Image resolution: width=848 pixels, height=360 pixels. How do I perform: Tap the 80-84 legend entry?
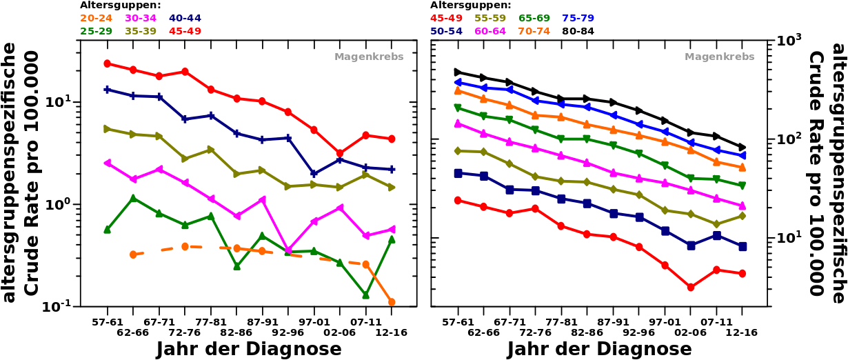coord(578,31)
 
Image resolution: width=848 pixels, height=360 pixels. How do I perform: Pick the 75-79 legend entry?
coord(578,18)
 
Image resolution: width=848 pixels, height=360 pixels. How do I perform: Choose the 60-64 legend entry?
coord(490,31)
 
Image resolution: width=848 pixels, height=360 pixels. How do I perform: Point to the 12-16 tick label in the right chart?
coord(742,332)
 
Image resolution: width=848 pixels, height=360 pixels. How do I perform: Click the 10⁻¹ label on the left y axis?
coord(58,307)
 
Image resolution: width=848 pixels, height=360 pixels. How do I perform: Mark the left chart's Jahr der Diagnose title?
coord(248,349)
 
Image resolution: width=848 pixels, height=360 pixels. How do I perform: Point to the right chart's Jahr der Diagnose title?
coord(599,349)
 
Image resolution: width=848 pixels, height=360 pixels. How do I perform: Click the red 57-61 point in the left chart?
coord(107,63)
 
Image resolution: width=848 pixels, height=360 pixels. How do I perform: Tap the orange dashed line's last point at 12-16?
coord(392,302)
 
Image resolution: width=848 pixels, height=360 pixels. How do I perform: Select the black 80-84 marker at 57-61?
coord(458,72)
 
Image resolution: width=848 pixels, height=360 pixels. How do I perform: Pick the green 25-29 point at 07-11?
coord(365,295)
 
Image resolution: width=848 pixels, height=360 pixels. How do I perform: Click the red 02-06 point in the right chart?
coord(690,287)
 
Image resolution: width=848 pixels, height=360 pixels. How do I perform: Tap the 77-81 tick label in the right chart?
coord(561,322)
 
